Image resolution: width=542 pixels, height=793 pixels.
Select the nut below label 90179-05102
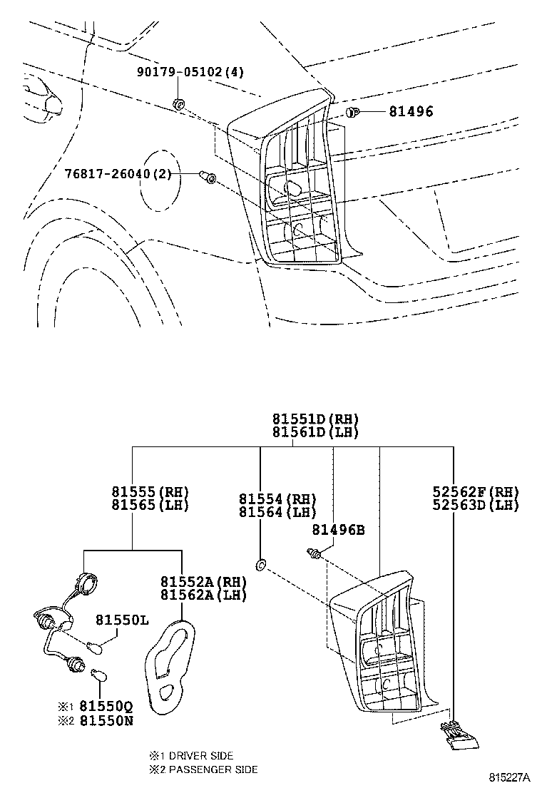pyautogui.click(x=179, y=106)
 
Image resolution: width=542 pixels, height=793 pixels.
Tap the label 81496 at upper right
pyautogui.click(x=411, y=111)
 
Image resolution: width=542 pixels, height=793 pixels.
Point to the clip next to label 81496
pyautogui.click(x=352, y=112)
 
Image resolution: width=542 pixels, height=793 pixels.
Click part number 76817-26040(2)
pyautogui.click(x=118, y=174)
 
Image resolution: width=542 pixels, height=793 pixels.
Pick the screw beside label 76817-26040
pyautogui.click(x=208, y=176)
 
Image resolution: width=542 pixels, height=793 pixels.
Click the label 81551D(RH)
pyautogui.click(x=315, y=419)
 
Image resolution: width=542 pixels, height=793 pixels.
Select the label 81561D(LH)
pyautogui.click(x=315, y=432)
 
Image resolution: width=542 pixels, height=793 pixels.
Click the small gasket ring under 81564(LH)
pyautogui.click(x=261, y=566)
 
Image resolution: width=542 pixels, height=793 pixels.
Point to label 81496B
pyautogui.click(x=339, y=530)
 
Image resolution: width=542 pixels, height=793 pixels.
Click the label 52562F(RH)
pyautogui.click(x=476, y=491)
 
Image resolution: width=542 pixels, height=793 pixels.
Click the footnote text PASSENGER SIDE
pyautogui.click(x=212, y=769)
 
